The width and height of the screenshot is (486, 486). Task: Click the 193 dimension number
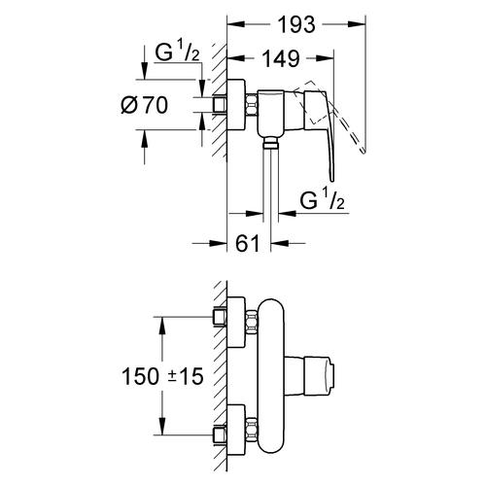[x=296, y=25]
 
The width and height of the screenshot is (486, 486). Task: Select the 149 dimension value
[x=280, y=59]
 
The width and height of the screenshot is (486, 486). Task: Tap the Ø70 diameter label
[x=145, y=105]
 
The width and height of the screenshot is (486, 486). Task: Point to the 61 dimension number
[x=248, y=243]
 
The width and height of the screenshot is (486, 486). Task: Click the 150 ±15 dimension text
[x=162, y=376]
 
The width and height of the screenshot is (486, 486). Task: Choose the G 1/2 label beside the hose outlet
[x=322, y=200]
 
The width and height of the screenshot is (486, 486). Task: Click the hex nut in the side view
[x=252, y=105]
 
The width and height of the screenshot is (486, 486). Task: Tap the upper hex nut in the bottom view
[x=252, y=322]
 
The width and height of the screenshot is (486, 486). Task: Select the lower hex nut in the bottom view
[x=252, y=430]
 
